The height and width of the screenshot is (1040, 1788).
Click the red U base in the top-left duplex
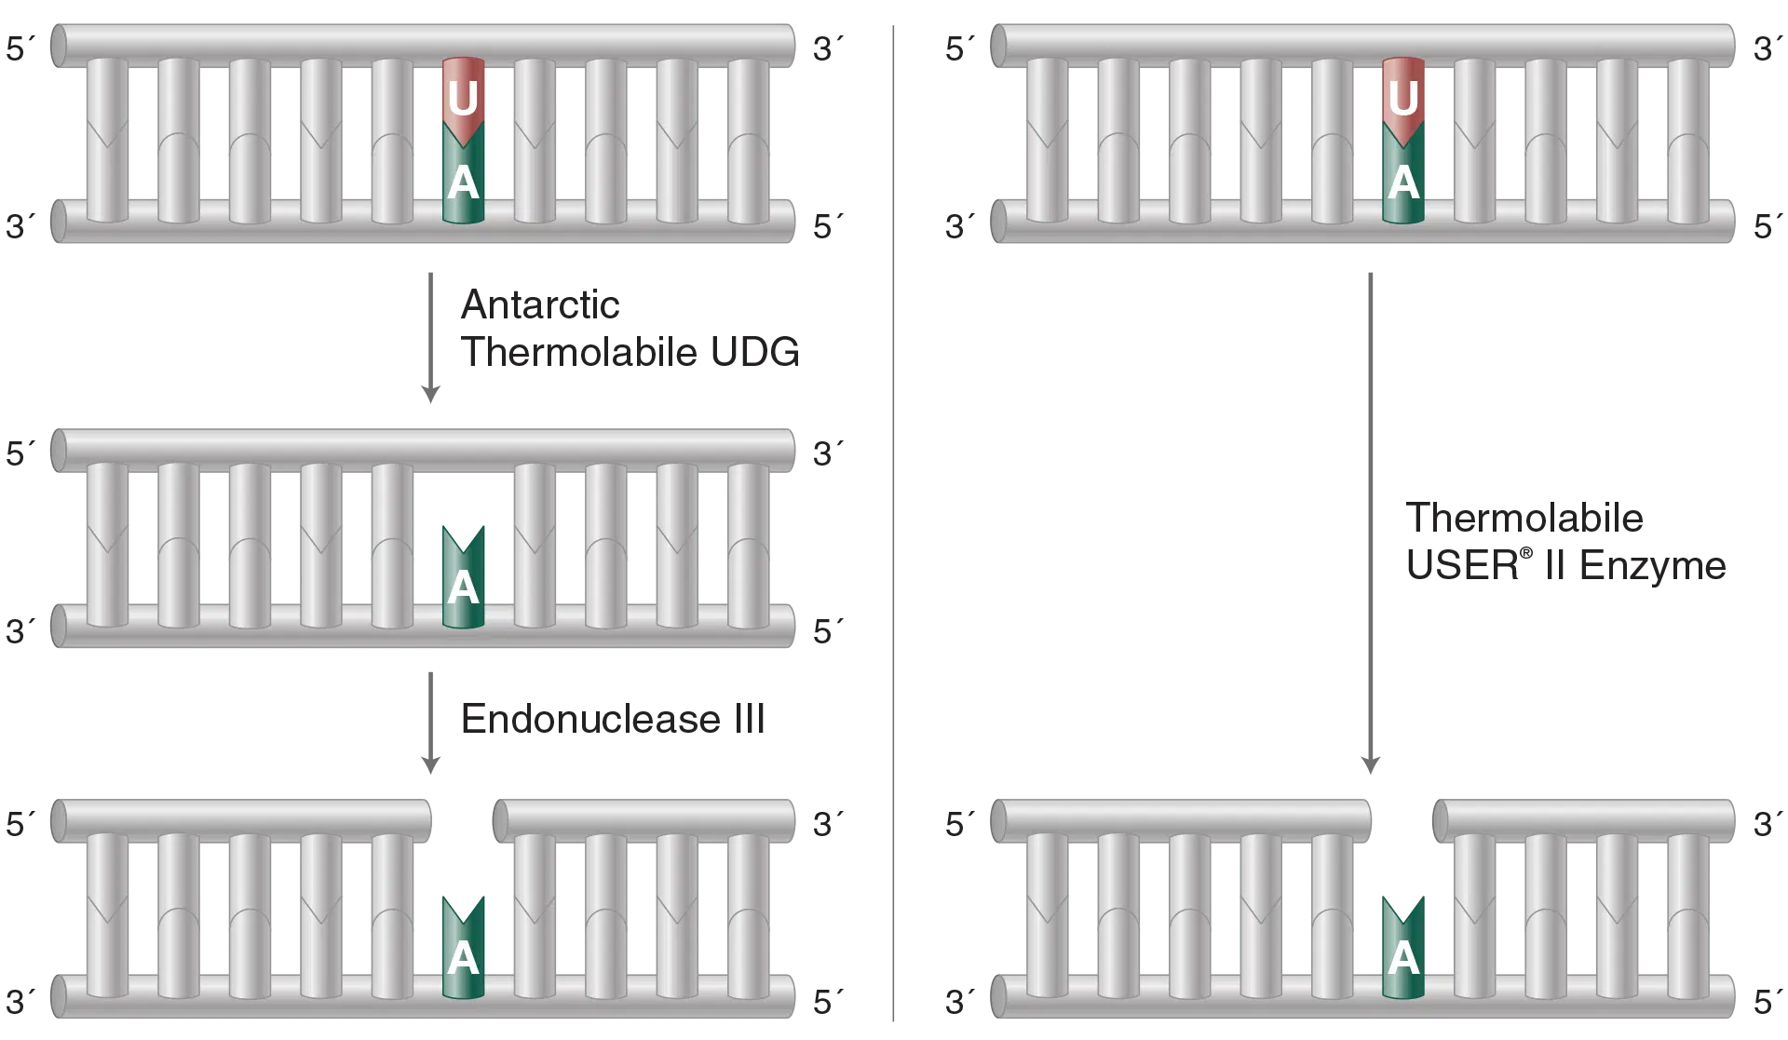463,97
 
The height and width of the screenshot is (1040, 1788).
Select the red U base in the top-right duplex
1403,97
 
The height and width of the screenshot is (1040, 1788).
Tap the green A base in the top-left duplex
463,182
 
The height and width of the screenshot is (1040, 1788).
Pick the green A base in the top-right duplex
1403,182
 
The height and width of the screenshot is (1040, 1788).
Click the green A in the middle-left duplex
463,585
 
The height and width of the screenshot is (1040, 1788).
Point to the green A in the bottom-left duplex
463,955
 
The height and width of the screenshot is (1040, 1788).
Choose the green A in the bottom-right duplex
1403,955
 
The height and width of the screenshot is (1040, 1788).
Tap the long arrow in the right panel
1369,521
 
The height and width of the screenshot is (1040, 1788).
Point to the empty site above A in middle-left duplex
463,493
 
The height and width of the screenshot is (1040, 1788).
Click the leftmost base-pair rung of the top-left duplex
107,140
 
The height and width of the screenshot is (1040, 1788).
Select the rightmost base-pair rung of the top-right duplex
1688,140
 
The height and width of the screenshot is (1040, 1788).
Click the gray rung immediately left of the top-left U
392,140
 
